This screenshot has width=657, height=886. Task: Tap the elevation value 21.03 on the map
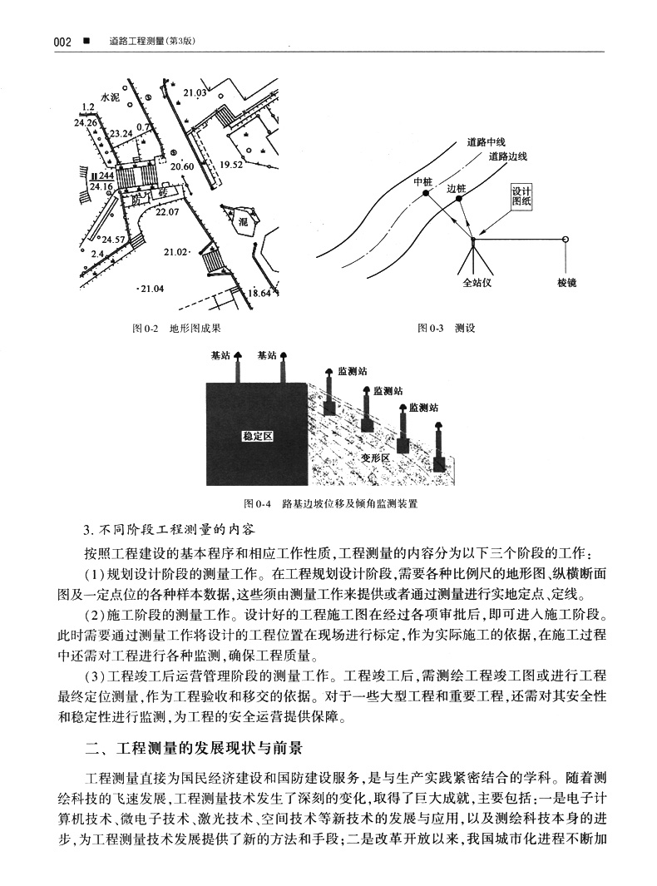point(195,92)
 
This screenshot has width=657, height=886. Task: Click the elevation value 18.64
point(259,293)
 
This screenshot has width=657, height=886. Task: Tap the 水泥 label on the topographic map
point(111,97)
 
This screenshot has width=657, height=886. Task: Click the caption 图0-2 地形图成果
point(177,329)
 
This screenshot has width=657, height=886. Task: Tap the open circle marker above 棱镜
point(566,240)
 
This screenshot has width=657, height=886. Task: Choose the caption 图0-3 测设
point(446,329)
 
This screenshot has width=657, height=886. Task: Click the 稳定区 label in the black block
point(257,436)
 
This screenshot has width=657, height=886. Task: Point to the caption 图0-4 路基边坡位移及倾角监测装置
point(330,504)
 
